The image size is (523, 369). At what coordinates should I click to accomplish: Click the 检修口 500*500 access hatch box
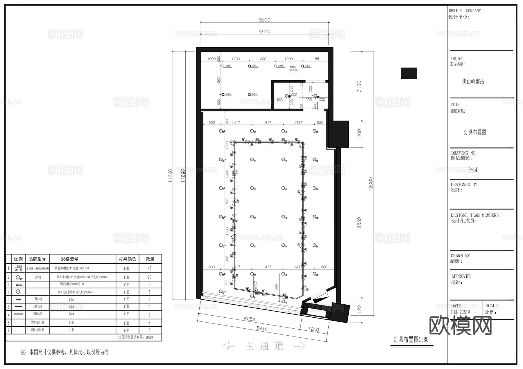[x=293, y=68]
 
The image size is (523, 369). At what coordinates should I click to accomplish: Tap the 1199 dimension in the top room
[x=315, y=59]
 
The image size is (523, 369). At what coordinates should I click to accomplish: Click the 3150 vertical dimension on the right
[x=359, y=86]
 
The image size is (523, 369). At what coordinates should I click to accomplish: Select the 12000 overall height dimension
[x=370, y=183]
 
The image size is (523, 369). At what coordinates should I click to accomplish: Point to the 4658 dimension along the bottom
[x=249, y=319]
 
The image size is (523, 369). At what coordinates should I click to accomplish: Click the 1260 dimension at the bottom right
[x=314, y=330]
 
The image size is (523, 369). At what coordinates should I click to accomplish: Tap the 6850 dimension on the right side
[x=359, y=223]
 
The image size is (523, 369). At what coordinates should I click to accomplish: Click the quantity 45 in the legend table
[x=150, y=268]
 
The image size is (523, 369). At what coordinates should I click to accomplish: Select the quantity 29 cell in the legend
[x=150, y=277]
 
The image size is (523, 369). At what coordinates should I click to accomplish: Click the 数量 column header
[x=150, y=259]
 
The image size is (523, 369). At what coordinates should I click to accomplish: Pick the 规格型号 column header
[x=69, y=259]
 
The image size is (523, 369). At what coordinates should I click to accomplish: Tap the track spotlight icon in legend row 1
[x=18, y=268]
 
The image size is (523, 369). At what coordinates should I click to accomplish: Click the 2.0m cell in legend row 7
[x=71, y=314]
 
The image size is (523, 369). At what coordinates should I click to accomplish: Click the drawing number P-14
[x=473, y=170]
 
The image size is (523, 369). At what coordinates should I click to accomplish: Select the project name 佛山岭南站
[x=473, y=82]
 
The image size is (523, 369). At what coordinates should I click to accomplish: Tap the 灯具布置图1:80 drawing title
[x=411, y=339]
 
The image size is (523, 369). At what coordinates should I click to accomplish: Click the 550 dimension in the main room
[x=320, y=123]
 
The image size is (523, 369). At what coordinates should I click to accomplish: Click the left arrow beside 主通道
[x=229, y=346]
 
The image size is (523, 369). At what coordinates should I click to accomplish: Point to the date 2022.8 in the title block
[x=465, y=312]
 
